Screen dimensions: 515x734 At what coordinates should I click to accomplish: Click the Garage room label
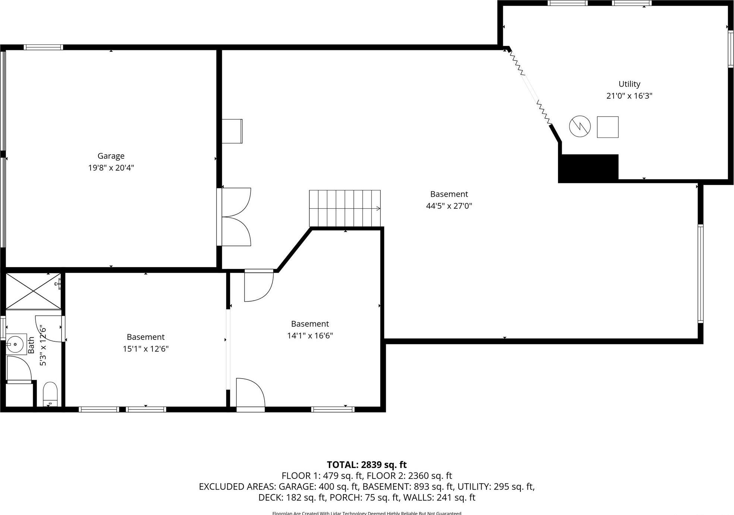[x=111, y=156]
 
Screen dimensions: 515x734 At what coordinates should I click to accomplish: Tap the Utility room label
[x=629, y=84]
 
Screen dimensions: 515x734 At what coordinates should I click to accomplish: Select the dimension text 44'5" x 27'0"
[x=449, y=206]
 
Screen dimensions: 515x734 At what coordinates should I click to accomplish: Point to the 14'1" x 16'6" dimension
[x=310, y=335]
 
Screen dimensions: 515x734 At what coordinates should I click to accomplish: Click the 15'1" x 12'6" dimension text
[x=146, y=349]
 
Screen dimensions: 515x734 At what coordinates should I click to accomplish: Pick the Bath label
[x=31, y=345]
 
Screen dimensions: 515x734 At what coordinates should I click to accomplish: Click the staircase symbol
[x=345, y=208]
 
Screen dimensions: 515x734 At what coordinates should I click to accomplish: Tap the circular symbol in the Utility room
[x=580, y=126]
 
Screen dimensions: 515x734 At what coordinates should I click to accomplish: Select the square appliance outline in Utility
[x=608, y=127]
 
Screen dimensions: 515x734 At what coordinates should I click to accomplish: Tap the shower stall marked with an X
[x=34, y=291]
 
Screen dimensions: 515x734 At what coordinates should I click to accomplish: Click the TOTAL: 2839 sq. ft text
[x=366, y=465]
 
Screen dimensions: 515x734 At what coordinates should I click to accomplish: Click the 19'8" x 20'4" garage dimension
[x=111, y=168]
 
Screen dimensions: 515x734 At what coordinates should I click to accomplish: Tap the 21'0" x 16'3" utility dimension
[x=629, y=96]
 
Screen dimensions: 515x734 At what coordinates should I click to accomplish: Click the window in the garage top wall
[x=43, y=47]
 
